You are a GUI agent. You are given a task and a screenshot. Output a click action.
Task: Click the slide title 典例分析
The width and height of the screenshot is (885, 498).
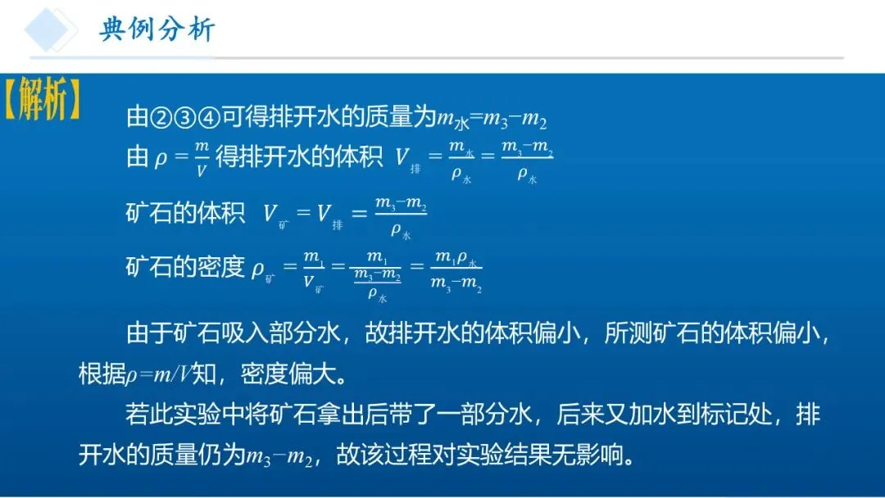157,29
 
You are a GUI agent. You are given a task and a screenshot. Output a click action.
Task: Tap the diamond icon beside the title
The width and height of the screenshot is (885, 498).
51,29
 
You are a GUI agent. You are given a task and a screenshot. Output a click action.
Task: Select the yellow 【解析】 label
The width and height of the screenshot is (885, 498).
42,101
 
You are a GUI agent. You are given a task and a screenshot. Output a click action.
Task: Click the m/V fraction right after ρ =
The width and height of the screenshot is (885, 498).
201,158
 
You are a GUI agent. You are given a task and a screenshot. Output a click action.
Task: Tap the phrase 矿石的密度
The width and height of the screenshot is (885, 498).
185,267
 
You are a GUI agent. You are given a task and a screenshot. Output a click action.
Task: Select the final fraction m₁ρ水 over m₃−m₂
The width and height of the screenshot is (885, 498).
456,271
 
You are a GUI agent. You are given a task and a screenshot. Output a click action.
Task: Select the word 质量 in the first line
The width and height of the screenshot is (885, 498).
389,119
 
